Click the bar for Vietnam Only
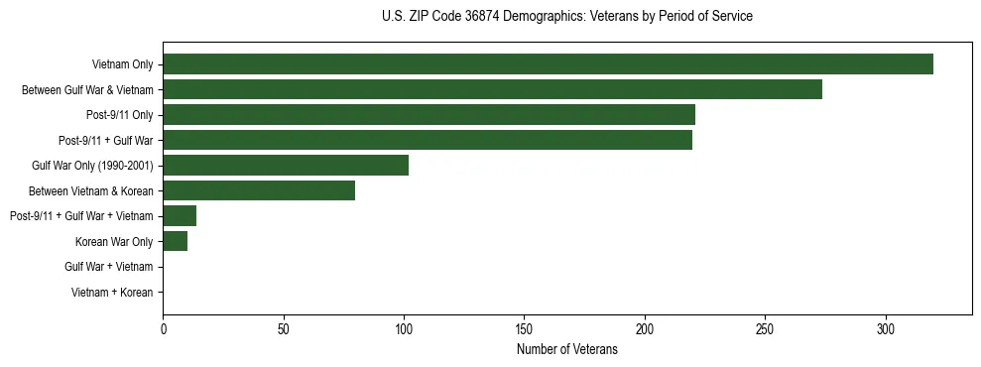coord(548,64)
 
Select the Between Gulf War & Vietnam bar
coord(492,90)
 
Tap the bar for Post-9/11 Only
coord(429,115)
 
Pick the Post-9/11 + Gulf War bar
coord(428,141)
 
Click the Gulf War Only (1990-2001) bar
coord(286,166)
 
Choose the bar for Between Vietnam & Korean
coord(259,190)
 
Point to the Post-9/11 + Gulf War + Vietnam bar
coord(180,216)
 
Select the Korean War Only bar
coord(175,241)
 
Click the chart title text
coord(566,17)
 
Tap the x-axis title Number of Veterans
coord(566,350)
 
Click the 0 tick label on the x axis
coord(163,328)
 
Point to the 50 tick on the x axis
coord(283,328)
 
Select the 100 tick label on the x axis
coord(404,328)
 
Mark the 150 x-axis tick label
coord(524,328)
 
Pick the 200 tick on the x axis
coord(645,328)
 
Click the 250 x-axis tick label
coord(765,328)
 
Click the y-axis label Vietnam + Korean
coord(112,293)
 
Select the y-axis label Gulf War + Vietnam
coord(108,267)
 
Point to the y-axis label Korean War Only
coord(113,242)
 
